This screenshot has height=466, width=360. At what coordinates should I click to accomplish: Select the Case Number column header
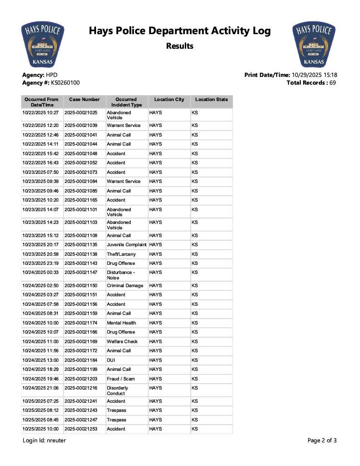(84, 99)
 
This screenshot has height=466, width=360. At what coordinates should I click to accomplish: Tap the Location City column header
(169, 99)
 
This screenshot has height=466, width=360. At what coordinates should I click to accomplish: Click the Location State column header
(211, 99)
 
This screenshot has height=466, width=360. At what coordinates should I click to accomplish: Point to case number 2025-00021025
(81, 112)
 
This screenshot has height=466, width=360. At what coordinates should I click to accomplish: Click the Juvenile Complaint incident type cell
(127, 245)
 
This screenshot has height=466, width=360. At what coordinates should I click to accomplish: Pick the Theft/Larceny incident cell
(121, 254)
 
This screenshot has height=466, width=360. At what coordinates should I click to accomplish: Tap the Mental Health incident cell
(121, 323)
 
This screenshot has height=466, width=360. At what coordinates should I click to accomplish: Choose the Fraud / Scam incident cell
(121, 379)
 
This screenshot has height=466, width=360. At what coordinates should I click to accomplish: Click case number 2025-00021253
(81, 429)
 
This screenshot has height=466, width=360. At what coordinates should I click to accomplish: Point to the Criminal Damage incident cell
(125, 286)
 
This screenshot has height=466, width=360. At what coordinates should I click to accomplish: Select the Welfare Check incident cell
(122, 341)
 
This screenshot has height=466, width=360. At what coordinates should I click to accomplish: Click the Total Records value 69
(332, 83)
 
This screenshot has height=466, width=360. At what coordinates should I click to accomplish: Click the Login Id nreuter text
(44, 441)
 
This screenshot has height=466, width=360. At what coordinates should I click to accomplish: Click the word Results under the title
(180, 46)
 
